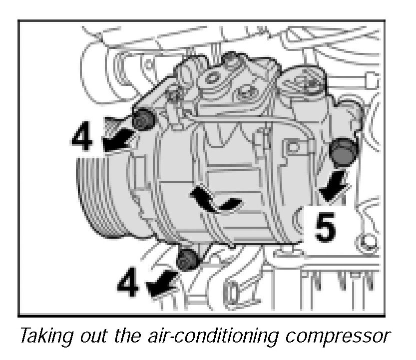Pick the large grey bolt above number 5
[x=343, y=152]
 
